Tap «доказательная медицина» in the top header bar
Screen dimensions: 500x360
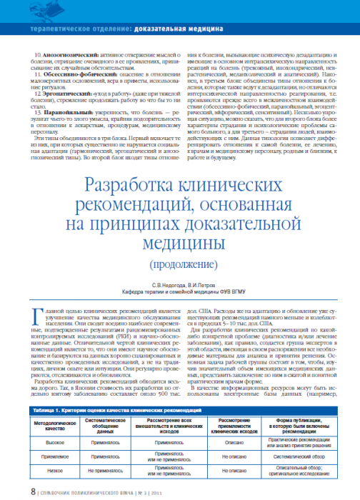coord(178,30)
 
